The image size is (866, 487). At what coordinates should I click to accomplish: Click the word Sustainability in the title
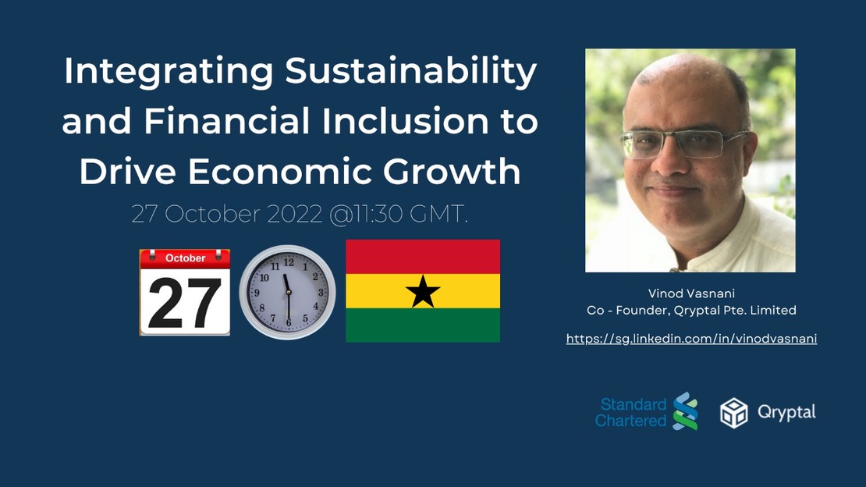coord(411,73)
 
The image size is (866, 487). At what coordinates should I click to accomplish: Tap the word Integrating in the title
coord(168,73)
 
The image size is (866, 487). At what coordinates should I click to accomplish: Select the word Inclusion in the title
coord(399,123)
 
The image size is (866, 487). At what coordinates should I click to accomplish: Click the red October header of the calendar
coord(185,258)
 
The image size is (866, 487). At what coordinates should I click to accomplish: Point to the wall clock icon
coord(287,292)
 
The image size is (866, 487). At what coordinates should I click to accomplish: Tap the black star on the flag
coord(423,291)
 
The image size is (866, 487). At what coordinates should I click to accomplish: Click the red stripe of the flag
coord(423,257)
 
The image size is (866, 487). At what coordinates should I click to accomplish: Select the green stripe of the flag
coord(423,325)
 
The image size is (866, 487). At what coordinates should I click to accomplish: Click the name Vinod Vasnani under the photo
coord(691,293)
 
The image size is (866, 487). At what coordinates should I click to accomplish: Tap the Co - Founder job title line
coord(691,311)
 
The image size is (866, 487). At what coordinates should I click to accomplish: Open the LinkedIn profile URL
coord(691,339)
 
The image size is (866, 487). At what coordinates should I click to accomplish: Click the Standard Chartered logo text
coord(631,412)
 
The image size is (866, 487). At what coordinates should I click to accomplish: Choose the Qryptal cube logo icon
coord(733,412)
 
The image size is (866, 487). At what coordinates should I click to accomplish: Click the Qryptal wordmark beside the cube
coord(786,412)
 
